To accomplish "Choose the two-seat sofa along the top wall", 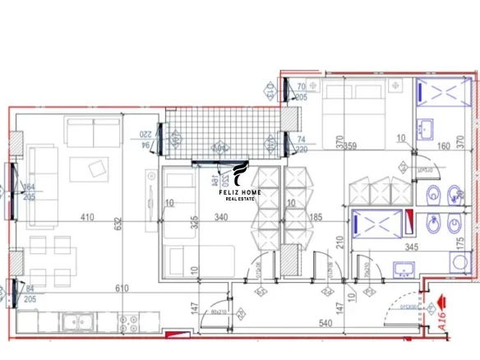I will pos(94,129).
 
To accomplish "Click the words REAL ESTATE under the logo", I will pos(243,198).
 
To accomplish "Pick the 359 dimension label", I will pos(349,147).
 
